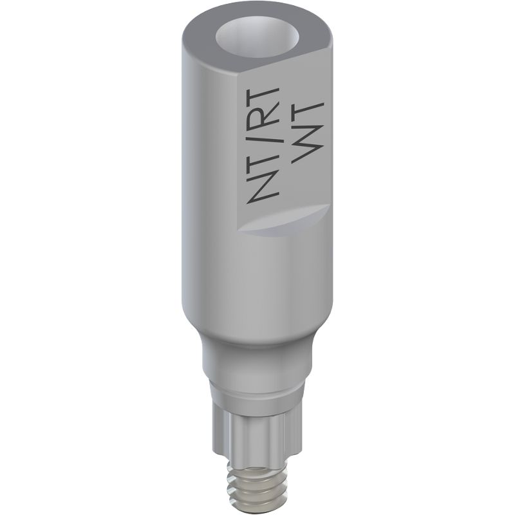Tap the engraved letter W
(308, 145)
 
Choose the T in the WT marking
(308, 111)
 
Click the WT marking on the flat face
(308, 132)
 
